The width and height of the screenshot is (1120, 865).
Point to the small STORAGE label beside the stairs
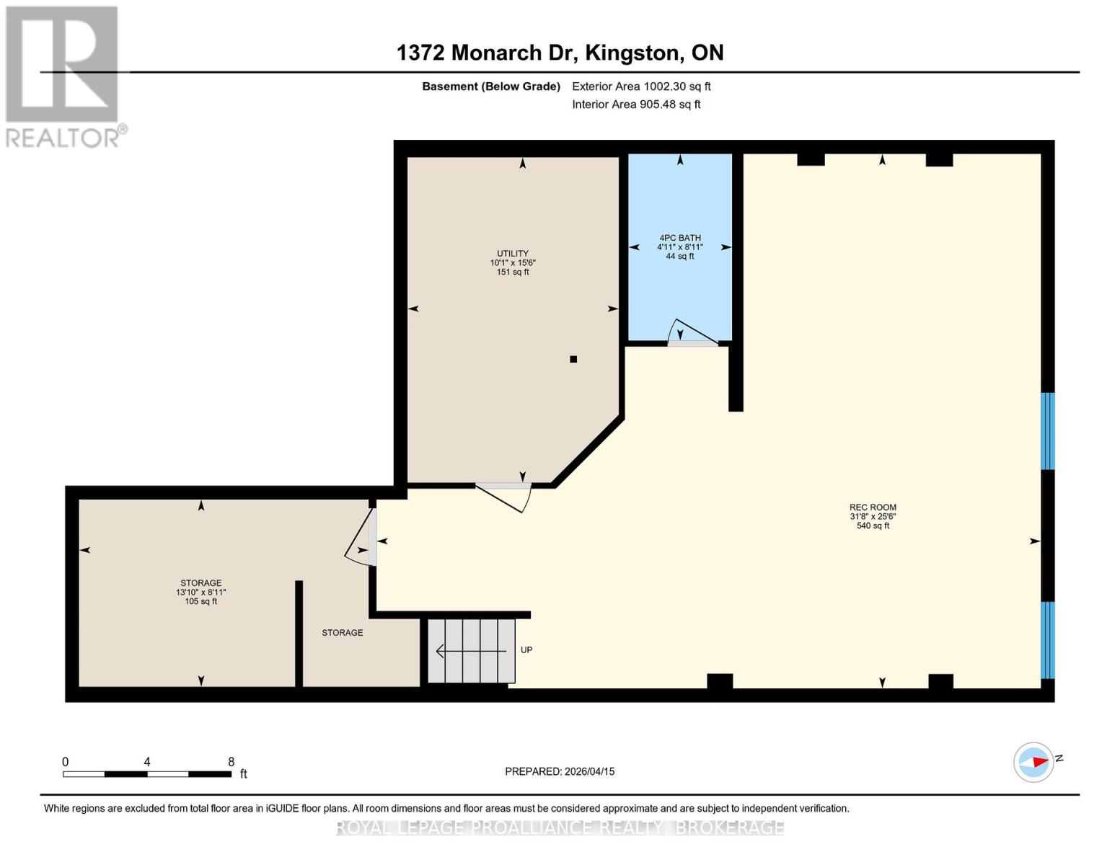(x=342, y=632)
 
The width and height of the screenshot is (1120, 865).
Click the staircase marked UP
(x=471, y=651)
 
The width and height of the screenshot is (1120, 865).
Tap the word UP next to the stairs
(x=526, y=649)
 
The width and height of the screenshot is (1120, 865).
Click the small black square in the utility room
(x=573, y=359)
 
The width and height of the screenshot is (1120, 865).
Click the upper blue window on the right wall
(x=1048, y=431)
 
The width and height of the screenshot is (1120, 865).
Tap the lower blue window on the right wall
(x=1048, y=640)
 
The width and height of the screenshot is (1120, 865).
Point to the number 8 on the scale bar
(x=231, y=762)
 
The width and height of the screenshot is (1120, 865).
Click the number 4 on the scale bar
(x=147, y=762)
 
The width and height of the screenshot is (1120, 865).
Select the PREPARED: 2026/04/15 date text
(x=560, y=771)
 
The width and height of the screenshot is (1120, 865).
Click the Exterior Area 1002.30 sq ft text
(x=641, y=86)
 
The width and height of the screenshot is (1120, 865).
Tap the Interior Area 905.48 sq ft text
(x=636, y=104)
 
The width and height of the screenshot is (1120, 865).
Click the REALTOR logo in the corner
(x=63, y=76)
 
